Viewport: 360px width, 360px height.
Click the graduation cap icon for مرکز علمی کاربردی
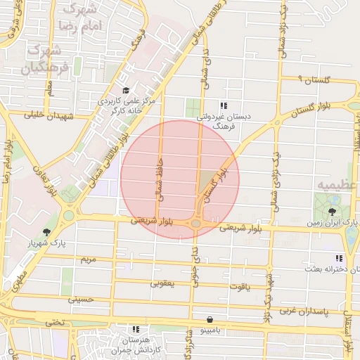pos(126,90)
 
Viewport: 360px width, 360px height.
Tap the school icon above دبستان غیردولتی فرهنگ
pos(224,105)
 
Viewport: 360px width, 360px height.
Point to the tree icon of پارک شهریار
pos(47,231)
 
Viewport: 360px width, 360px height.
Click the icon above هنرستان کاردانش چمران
pos(135,328)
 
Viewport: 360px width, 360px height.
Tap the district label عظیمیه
pos(335,185)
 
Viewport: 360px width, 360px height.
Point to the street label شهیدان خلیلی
pos(49,115)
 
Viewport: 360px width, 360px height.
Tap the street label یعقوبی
pos(162,284)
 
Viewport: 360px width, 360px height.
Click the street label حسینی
pos(80,299)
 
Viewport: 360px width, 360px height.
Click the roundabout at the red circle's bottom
pos(196,224)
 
